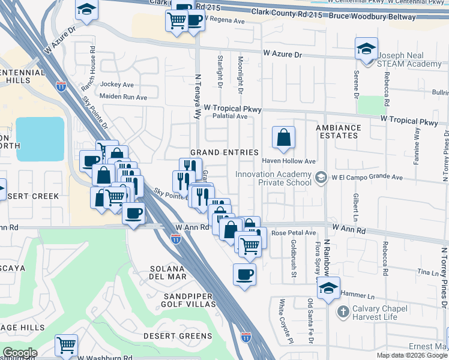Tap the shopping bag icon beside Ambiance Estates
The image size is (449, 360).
coord(283,137)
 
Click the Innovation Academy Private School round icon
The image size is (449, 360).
coord(322,176)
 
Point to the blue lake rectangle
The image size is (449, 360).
coord(40,139)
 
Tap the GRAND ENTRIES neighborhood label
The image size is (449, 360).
coord(224,152)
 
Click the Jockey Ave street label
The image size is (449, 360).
coord(117,85)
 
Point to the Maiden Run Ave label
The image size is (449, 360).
coord(123,97)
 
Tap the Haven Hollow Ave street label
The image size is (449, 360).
coord(289,161)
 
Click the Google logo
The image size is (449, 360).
coord(19,353)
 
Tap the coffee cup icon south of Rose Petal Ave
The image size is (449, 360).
coord(244,275)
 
